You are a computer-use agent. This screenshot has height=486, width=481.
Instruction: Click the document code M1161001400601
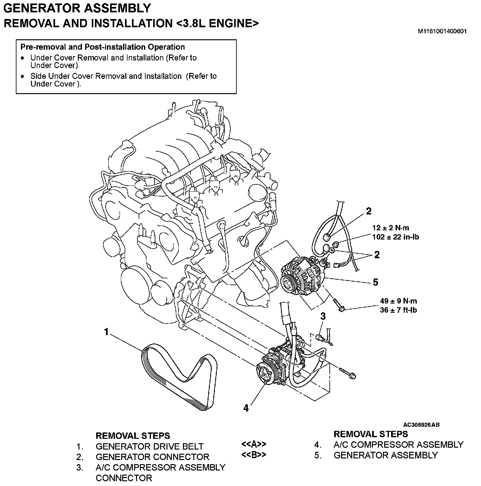click(442, 31)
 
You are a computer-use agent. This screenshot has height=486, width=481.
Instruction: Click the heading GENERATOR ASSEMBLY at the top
click(77, 8)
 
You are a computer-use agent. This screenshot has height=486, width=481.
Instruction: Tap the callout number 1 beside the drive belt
click(106, 332)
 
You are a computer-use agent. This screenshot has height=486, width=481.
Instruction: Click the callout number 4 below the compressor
click(246, 408)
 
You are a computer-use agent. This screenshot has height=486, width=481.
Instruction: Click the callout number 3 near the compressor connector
click(323, 316)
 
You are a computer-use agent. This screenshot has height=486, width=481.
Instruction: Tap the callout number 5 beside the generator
click(376, 282)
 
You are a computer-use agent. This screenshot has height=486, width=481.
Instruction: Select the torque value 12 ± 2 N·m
click(390, 228)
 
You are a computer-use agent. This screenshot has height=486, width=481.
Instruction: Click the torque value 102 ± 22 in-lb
click(396, 237)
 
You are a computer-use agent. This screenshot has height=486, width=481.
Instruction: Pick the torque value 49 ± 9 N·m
click(398, 301)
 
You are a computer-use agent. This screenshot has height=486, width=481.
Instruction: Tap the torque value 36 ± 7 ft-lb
click(398, 310)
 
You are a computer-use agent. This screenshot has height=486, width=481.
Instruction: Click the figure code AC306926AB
click(421, 425)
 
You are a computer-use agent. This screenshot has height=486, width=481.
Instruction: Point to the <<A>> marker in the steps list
click(253, 444)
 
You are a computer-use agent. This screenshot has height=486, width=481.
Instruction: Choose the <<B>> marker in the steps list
click(253, 455)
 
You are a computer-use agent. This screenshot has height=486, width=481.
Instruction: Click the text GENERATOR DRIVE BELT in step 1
click(149, 446)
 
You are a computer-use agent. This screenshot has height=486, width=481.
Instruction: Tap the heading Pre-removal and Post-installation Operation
click(103, 47)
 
